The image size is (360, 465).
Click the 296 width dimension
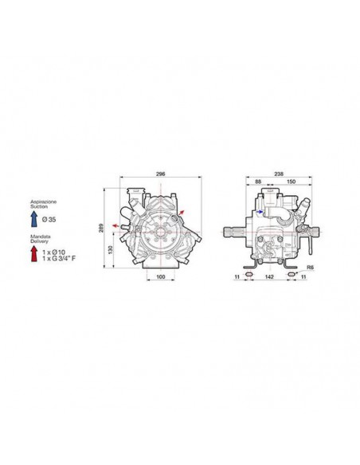(x=160, y=174)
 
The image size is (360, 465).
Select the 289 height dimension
(x=101, y=228)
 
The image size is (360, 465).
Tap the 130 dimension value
(x=111, y=250)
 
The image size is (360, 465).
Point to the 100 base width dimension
(x=160, y=276)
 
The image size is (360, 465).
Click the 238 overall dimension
(x=279, y=174)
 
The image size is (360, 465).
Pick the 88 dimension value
(x=258, y=182)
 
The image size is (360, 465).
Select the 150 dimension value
(x=292, y=182)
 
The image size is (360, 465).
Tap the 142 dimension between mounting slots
(x=269, y=276)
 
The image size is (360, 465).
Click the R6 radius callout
(x=310, y=268)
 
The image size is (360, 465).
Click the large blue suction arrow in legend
(x=34, y=219)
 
